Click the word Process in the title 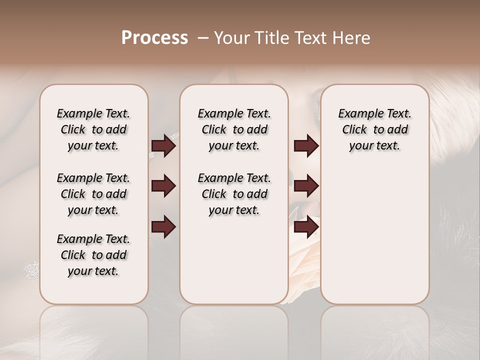(154, 38)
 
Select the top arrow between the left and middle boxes (163, 146)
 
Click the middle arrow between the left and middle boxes (163, 186)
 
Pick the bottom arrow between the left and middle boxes (163, 226)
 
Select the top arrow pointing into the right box (305, 146)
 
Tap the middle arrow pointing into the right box (305, 186)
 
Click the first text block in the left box (93, 129)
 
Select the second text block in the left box (93, 194)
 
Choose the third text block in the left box (93, 255)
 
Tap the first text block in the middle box (234, 129)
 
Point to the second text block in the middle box (234, 194)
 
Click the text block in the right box (375, 129)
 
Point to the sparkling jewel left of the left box (31, 270)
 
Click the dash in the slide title (203, 38)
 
